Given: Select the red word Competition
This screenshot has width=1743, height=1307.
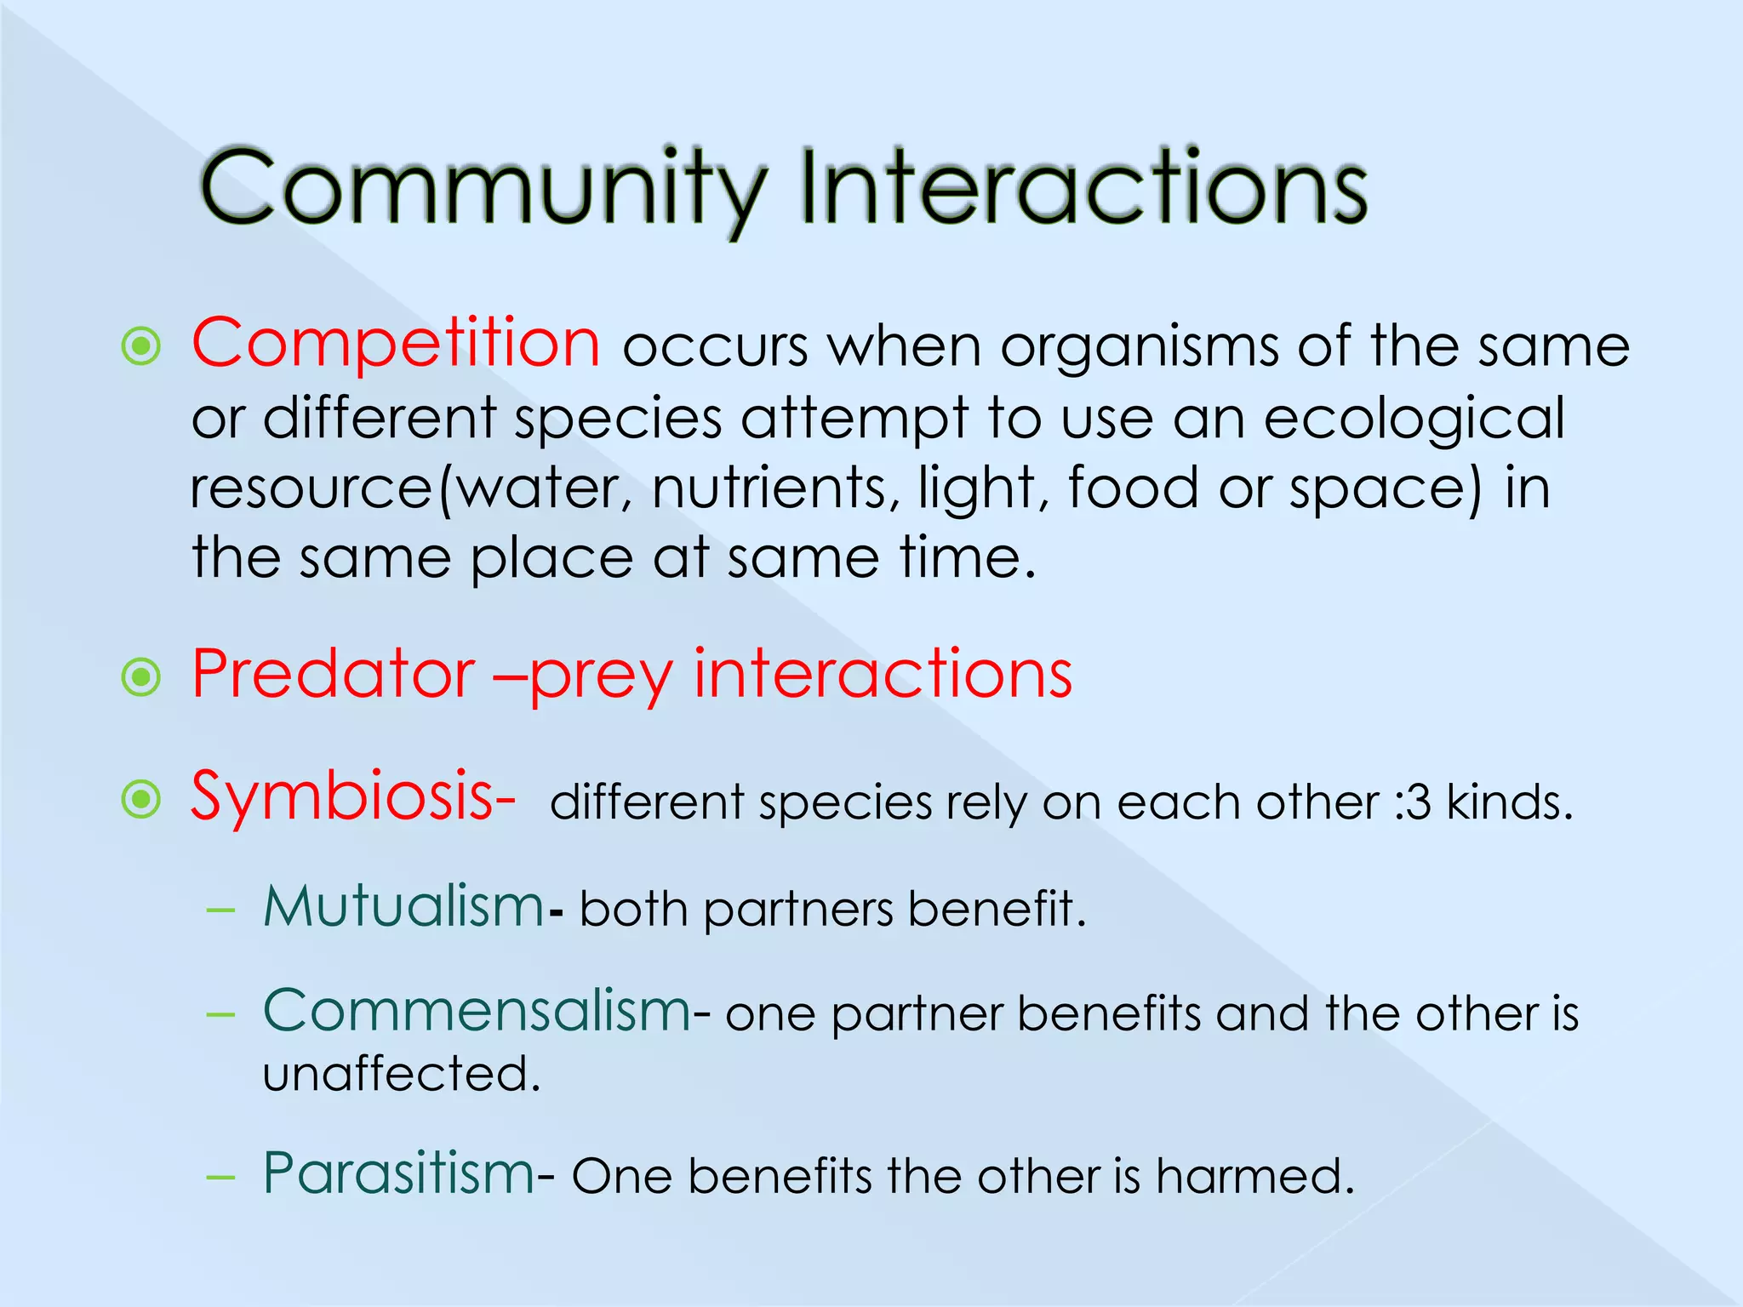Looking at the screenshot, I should click(x=396, y=343).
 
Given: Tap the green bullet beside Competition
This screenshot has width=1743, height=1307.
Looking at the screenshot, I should click(x=141, y=346).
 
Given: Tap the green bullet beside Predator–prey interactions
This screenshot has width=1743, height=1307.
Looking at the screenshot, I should click(x=141, y=677).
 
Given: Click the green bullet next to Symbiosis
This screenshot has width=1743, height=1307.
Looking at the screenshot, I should click(x=141, y=799).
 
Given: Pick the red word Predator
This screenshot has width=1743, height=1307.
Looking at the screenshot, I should click(x=333, y=674).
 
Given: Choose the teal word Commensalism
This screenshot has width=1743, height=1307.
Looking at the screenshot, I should click(x=477, y=1012).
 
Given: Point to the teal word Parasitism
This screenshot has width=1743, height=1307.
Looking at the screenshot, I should click(x=398, y=1173).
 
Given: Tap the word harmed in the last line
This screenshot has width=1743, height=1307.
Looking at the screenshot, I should click(x=1253, y=1177).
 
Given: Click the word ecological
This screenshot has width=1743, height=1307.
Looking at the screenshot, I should click(x=1414, y=419).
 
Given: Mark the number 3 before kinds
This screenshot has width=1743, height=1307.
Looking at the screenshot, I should click(x=1419, y=803).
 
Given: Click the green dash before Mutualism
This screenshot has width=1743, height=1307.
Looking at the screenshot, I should click(x=220, y=910).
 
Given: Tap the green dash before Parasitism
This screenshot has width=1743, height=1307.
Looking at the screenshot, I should click(x=220, y=1177).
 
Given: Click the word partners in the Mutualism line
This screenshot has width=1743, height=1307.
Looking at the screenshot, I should click(x=798, y=910).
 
